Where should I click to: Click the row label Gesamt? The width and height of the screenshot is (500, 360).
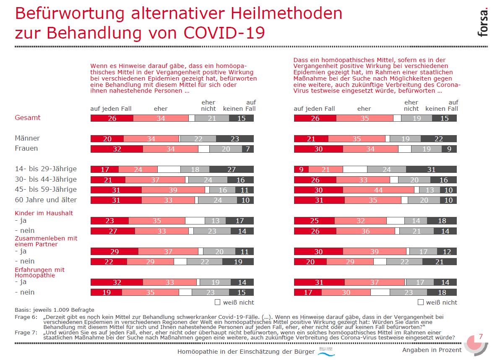click(28, 118)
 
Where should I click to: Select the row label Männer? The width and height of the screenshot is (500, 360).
click(28, 138)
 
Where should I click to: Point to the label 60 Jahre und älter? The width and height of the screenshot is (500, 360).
click(46, 200)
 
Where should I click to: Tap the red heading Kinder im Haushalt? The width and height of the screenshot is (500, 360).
click(44, 213)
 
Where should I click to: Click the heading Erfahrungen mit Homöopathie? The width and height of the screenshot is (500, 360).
click(39, 273)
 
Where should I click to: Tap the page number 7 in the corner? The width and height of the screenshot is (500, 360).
click(481, 337)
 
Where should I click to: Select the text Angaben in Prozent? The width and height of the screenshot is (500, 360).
click(432, 350)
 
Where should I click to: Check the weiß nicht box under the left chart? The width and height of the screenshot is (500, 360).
click(218, 302)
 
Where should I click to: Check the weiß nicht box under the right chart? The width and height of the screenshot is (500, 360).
click(421, 302)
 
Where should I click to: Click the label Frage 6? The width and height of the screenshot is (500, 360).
click(26, 317)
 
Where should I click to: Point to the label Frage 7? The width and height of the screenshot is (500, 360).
click(26, 332)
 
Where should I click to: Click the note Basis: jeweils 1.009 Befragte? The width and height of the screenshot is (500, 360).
click(55, 309)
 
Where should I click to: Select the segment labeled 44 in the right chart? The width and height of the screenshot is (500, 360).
click(378, 190)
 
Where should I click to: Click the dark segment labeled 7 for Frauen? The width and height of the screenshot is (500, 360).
click(248, 149)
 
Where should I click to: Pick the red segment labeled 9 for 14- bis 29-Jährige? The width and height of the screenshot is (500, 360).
click(301, 170)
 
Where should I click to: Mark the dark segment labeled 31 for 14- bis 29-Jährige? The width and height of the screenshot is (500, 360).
click(431, 170)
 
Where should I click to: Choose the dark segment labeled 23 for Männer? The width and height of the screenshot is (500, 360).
click(235, 139)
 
